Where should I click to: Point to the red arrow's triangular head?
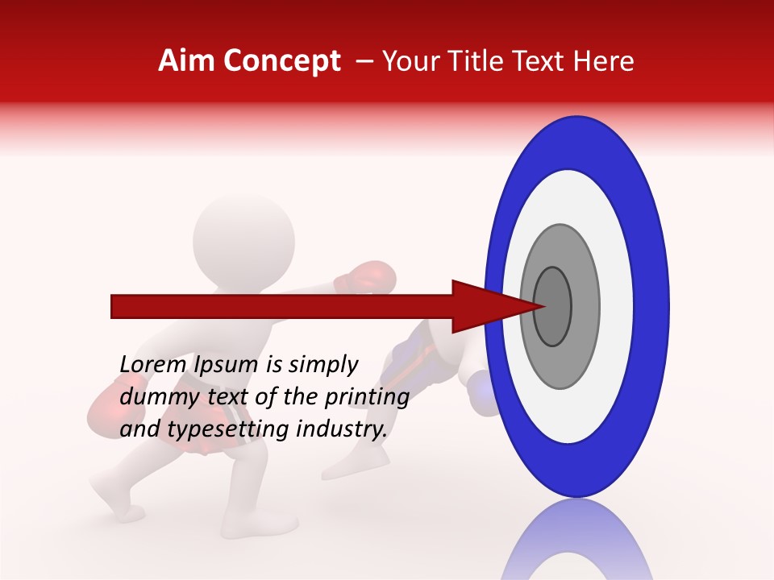[x=484, y=306]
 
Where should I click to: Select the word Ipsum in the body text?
[x=230, y=366]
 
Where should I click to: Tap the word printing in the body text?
[x=367, y=398]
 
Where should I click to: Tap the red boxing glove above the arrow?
[x=367, y=276]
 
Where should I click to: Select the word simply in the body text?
[x=323, y=366]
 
